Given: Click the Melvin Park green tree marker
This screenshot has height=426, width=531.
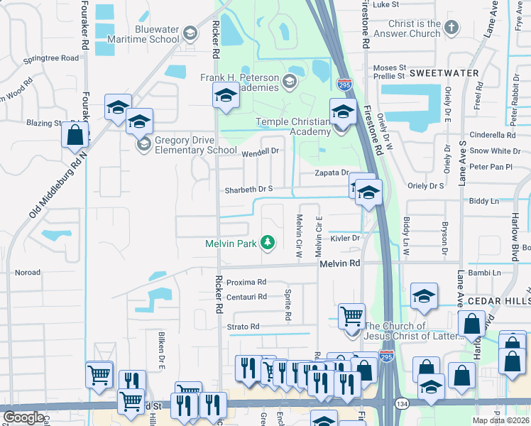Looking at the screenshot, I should (268, 244).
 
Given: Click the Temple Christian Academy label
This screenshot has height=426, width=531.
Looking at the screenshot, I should (293, 126).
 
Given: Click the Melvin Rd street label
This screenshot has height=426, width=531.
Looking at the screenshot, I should (340, 263).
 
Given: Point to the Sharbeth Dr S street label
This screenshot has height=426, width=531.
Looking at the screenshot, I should (249, 190).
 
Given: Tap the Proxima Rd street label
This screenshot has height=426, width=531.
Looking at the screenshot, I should (246, 282).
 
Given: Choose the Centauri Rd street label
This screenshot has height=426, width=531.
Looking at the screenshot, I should (247, 297).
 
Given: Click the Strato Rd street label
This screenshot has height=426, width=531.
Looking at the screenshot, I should (243, 327).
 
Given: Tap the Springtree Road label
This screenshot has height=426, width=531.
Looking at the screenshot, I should (50, 59).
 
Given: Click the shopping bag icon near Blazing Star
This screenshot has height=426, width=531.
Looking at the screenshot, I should (74, 134).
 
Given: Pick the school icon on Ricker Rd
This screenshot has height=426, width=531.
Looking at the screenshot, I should (226, 96).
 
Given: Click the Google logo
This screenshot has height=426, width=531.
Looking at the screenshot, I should (23, 417).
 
